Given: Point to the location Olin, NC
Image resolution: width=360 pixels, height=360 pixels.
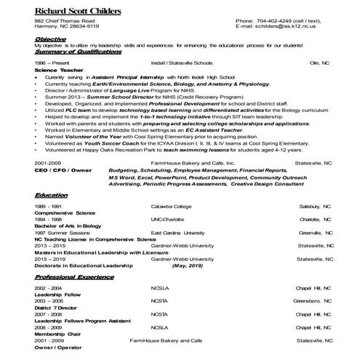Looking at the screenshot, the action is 319,63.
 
